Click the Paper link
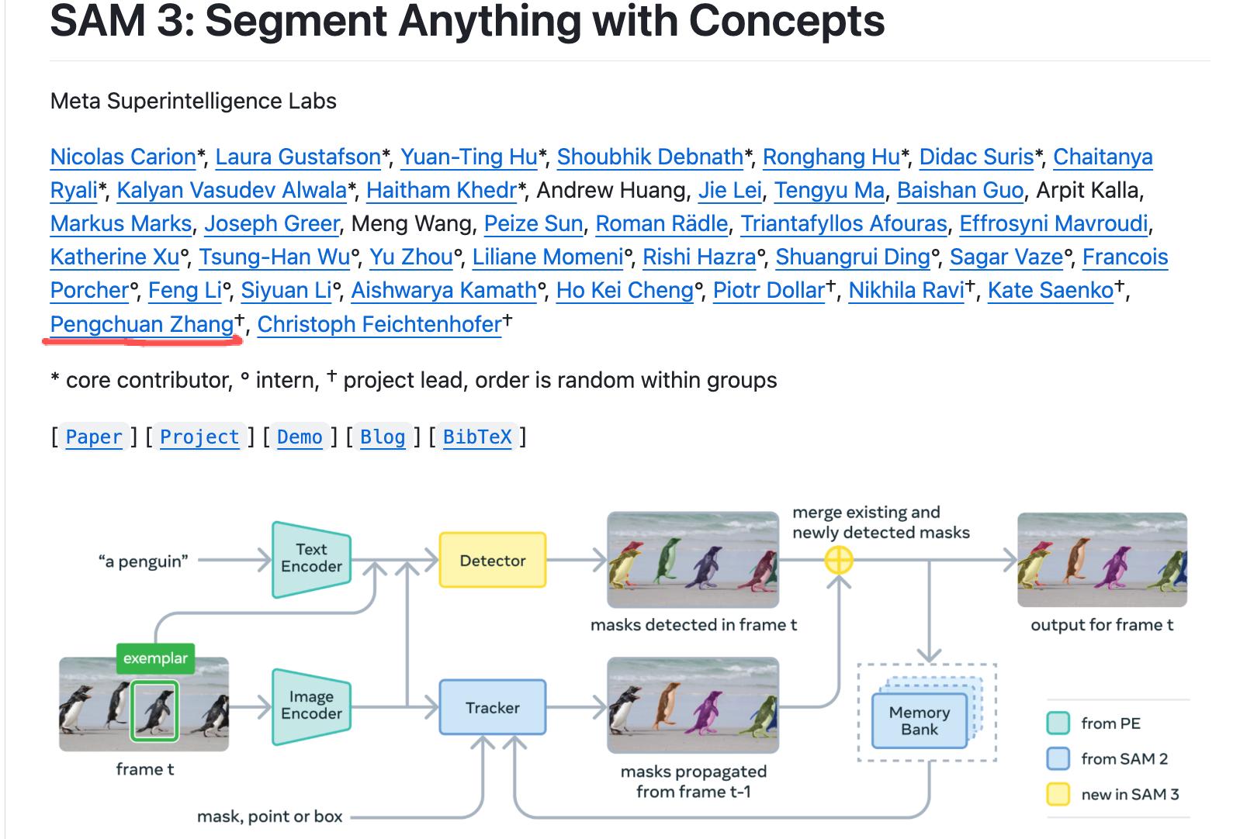pyautogui.click(x=94, y=437)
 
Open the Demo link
pyautogui.click(x=300, y=437)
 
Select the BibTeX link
pyautogui.click(x=477, y=437)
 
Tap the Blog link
pyautogui.click(x=383, y=437)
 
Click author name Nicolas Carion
pyautogui.click(x=123, y=157)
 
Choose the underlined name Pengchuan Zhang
pyautogui.click(x=142, y=324)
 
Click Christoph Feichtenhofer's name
pyautogui.click(x=379, y=324)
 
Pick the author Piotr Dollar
pyautogui.click(x=769, y=291)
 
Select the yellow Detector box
pyautogui.click(x=493, y=560)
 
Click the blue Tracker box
pyautogui.click(x=493, y=707)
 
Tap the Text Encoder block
pyautogui.click(x=311, y=558)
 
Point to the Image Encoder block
pyautogui.click(x=311, y=706)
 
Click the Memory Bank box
pyautogui.click(x=920, y=721)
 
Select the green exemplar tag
pyautogui.click(x=155, y=658)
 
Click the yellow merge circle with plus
pyautogui.click(x=838, y=559)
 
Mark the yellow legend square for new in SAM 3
pyautogui.click(x=1058, y=794)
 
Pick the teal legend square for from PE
pyautogui.click(x=1058, y=723)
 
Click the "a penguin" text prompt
pyautogui.click(x=144, y=561)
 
